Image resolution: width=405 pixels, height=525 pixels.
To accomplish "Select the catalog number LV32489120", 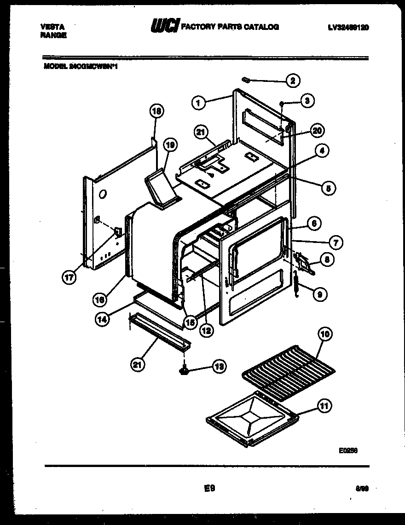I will click(x=348, y=27).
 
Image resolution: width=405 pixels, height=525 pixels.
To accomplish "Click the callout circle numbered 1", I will click(x=198, y=103).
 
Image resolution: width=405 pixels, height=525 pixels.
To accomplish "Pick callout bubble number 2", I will click(x=293, y=81).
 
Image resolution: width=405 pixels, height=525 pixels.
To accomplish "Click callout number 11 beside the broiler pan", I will click(x=324, y=406).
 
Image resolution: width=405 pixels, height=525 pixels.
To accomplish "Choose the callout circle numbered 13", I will click(x=218, y=366).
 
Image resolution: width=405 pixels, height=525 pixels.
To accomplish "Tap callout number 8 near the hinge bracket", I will click(x=326, y=260).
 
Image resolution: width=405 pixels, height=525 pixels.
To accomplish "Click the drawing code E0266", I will click(x=348, y=451).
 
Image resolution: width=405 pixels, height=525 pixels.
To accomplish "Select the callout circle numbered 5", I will click(x=329, y=188).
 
